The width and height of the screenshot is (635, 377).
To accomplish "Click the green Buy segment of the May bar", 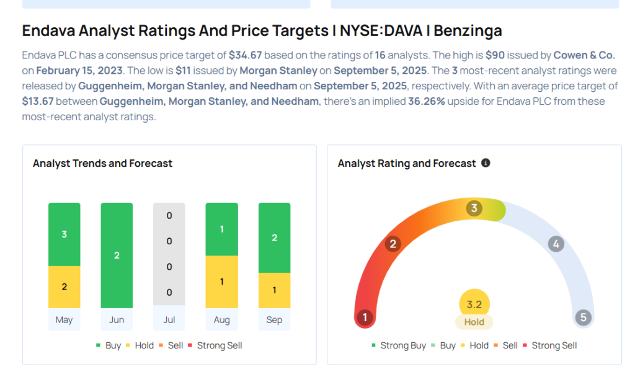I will (64, 234).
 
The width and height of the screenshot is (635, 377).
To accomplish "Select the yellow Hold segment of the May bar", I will (64, 286).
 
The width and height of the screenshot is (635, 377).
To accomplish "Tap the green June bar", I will (117, 255).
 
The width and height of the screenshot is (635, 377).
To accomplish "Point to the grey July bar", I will (169, 254).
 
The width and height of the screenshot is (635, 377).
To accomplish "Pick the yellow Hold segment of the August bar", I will (221, 282).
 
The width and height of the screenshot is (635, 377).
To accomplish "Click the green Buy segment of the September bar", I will (274, 237).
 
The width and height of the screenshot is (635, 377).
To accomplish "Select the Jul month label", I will (169, 320).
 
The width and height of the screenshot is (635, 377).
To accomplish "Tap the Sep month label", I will (274, 320).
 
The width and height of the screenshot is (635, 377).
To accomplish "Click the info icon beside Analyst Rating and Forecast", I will (486, 163).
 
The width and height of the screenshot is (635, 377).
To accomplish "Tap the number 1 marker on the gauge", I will (365, 318).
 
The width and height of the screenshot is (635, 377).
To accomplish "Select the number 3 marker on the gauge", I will (474, 208).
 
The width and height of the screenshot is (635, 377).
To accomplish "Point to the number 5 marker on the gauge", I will (583, 318).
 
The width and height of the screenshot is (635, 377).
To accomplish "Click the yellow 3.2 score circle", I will (474, 305).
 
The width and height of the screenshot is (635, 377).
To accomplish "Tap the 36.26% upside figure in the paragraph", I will (426, 101).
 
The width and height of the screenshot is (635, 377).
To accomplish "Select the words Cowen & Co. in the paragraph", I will (584, 55).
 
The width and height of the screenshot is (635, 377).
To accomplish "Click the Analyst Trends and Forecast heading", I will (102, 164).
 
